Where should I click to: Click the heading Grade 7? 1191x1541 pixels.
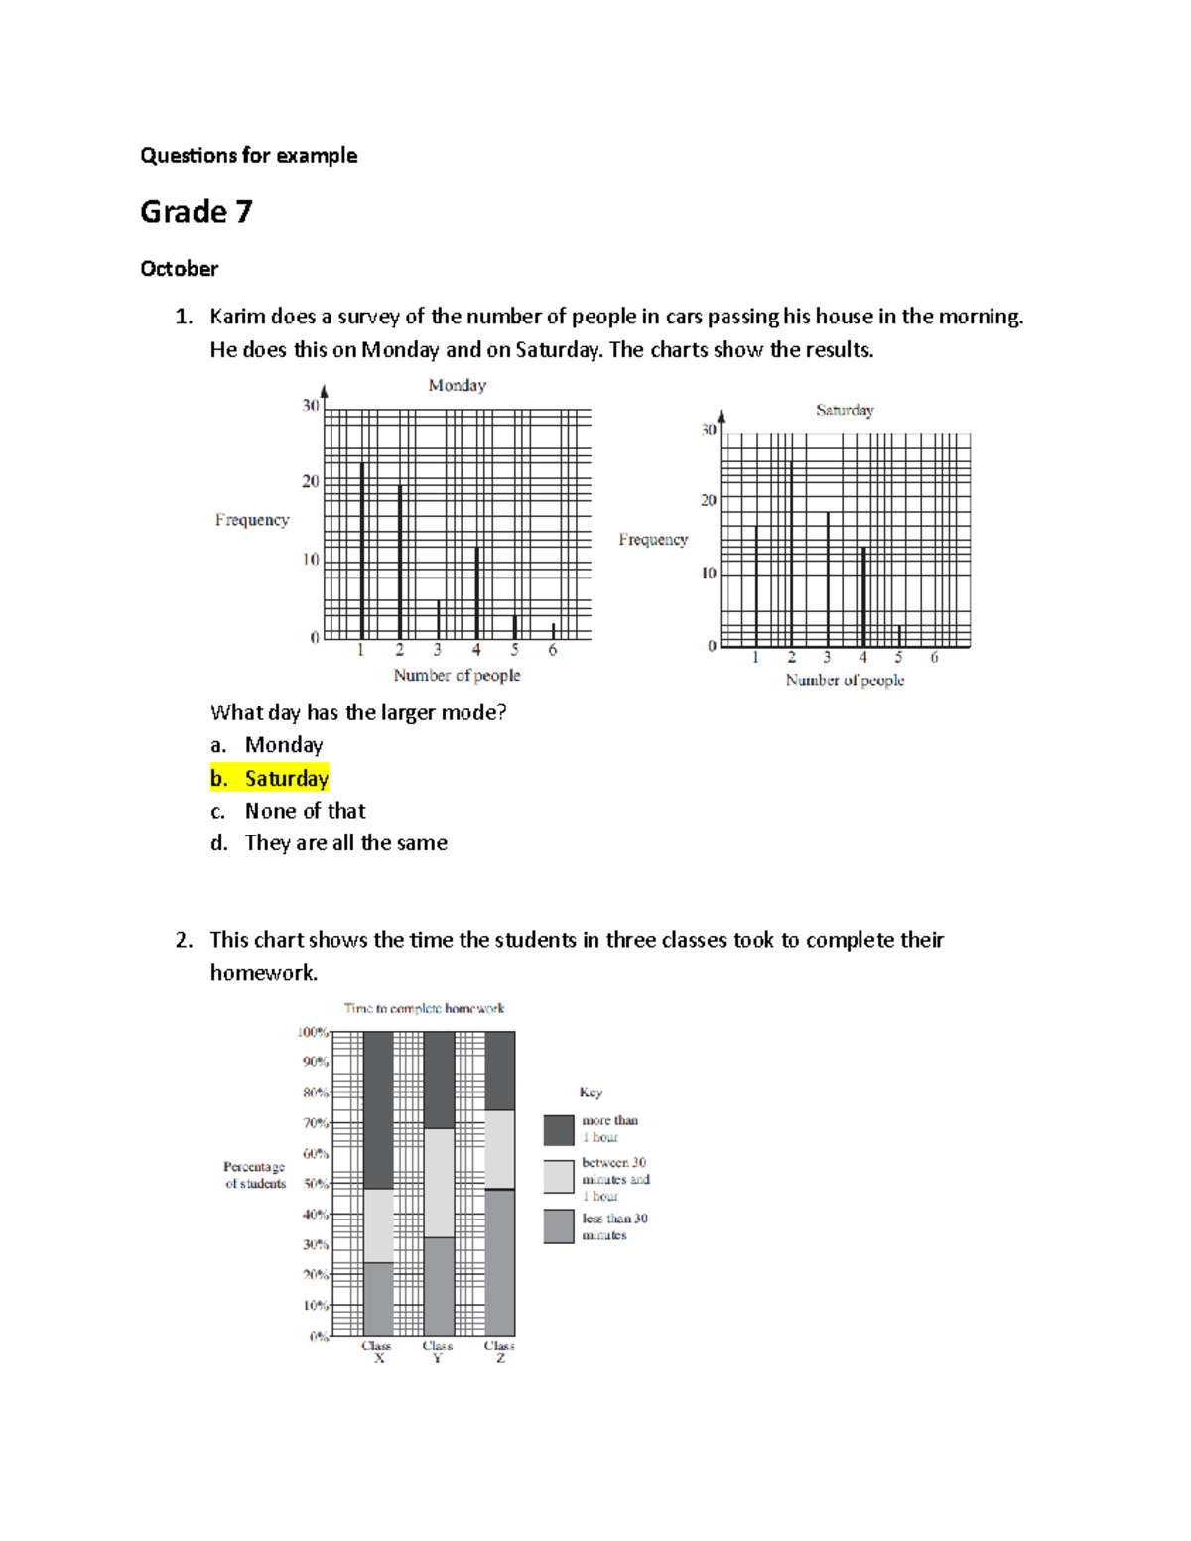(197, 212)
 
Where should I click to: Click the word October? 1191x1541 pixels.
(179, 269)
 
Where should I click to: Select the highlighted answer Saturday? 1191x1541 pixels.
(286, 779)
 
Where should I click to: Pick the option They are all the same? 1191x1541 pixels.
(345, 843)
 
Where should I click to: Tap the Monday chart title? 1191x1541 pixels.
(457, 385)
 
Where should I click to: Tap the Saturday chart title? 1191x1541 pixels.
(845, 410)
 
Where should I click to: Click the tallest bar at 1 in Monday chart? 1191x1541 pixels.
(362, 551)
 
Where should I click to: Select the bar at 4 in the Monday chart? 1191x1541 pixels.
(476, 592)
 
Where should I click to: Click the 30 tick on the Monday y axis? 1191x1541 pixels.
(311, 405)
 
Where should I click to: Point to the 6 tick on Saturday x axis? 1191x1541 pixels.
(934, 658)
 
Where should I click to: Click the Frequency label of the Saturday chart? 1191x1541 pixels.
(652, 539)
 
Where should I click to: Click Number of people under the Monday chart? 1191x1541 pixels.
(457, 676)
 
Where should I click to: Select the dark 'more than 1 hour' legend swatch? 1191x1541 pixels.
(559, 1129)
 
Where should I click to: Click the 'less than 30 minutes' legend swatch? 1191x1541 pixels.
(559, 1226)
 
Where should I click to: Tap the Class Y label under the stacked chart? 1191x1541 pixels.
(438, 1351)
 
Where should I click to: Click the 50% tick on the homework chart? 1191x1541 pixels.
(316, 1184)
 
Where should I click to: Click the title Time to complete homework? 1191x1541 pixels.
(424, 1008)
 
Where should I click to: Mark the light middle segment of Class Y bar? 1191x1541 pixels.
(439, 1183)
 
